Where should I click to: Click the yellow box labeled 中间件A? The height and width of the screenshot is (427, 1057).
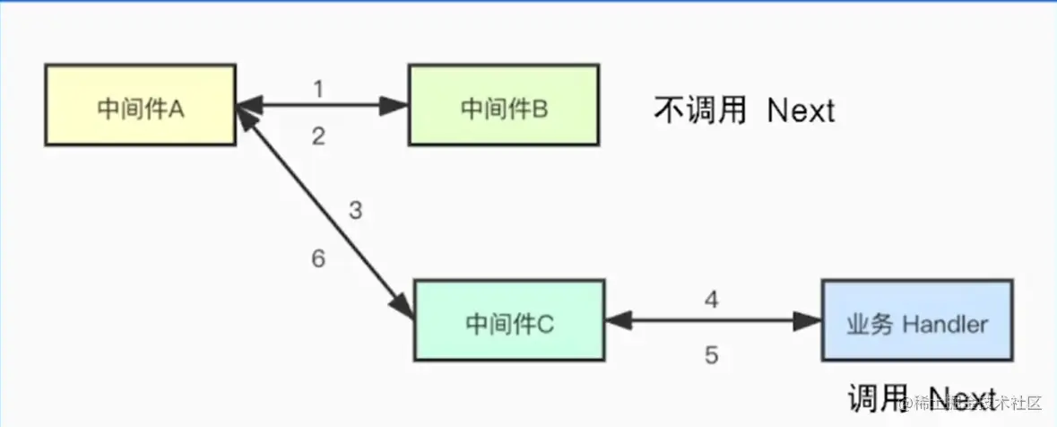140,106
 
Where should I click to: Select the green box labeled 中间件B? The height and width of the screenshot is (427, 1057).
503,106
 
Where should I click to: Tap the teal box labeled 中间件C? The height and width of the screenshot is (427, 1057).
509,321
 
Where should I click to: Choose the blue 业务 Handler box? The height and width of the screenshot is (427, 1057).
917,321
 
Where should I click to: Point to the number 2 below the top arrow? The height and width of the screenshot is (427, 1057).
317,136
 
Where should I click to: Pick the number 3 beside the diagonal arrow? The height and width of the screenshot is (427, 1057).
355,212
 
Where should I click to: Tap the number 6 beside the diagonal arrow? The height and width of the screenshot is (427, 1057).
317,259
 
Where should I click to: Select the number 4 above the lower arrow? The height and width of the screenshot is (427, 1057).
711,299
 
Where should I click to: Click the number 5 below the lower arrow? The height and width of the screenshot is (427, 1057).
711,355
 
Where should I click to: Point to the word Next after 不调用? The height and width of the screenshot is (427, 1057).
801,110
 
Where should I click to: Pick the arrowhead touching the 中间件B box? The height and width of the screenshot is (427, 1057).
394,106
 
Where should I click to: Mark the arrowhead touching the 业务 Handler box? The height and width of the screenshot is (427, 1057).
809,320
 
